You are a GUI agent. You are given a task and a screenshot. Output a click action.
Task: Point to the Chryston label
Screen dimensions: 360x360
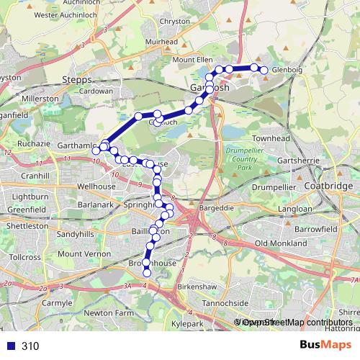[x=176, y=22]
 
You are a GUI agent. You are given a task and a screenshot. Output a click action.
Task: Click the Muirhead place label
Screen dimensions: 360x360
[x=161, y=42]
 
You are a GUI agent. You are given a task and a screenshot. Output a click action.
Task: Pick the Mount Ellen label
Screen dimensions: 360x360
[x=193, y=60]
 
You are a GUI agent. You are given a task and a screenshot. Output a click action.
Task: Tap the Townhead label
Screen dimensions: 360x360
[x=270, y=138]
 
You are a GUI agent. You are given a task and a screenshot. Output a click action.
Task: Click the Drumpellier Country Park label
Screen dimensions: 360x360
[x=240, y=158]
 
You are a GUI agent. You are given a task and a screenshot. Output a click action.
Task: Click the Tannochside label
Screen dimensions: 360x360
[x=225, y=303]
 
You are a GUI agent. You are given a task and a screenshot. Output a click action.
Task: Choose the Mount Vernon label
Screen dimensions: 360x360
[x=78, y=254]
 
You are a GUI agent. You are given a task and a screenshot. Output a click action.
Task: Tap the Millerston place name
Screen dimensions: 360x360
[x=40, y=98]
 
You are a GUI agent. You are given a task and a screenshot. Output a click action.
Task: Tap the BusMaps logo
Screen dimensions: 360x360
[x=320, y=345]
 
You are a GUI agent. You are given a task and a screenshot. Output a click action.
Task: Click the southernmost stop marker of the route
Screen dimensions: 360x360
[x=147, y=272]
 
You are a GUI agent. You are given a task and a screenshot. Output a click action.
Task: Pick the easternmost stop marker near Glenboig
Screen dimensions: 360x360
[x=264, y=70]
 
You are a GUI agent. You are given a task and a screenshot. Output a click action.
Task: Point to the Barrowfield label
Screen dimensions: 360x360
[x=315, y=228]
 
